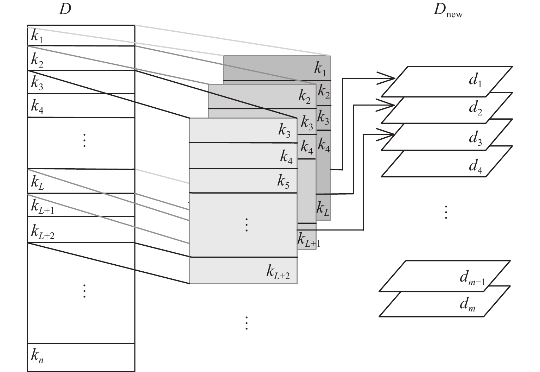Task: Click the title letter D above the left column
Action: click(x=65, y=9)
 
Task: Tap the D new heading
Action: click(x=448, y=11)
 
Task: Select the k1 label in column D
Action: click(x=37, y=37)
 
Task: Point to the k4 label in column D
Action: click(x=37, y=106)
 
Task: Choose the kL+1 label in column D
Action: click(x=43, y=207)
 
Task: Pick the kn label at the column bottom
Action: click(x=37, y=356)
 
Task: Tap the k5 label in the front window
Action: click(x=283, y=181)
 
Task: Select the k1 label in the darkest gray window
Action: click(x=320, y=69)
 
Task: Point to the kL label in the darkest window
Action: click(x=323, y=208)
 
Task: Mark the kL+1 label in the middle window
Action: click(x=309, y=240)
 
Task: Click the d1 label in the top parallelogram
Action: click(x=475, y=80)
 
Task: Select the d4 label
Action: click(x=475, y=166)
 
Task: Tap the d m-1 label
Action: click(x=472, y=278)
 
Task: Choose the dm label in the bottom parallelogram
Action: click(x=468, y=304)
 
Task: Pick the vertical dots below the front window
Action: click(x=246, y=323)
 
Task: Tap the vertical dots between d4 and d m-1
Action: click(x=446, y=212)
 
